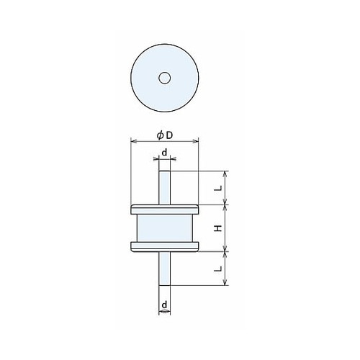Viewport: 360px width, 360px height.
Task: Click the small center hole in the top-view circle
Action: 165,78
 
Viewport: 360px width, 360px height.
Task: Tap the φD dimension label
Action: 165,135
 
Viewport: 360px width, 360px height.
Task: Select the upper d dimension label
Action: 164,153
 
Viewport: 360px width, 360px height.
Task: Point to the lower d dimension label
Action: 164,305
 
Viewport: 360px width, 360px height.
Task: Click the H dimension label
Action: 218,228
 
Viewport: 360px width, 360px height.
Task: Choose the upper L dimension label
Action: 218,189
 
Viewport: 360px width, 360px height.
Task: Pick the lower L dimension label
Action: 218,269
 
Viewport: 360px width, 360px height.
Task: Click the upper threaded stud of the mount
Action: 165,188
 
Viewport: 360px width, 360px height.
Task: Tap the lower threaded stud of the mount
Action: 165,269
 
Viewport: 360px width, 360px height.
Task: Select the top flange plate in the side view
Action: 165,210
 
